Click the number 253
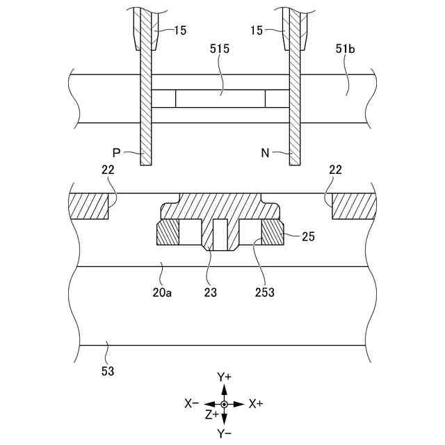264,293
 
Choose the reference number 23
211,293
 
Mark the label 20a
162,293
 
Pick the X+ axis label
256,403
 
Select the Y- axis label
224,433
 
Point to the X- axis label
192,403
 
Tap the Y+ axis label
224,377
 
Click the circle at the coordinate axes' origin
224,404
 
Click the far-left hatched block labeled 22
89,207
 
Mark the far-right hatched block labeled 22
353,207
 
